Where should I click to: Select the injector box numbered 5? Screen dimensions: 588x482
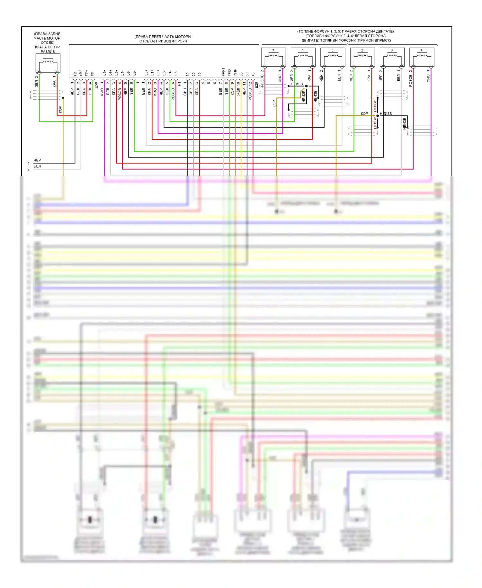(x=333, y=57)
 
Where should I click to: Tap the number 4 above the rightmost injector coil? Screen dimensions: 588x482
(x=421, y=50)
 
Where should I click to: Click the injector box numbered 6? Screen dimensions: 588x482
(x=392, y=57)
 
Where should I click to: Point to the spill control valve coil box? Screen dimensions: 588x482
(x=48, y=63)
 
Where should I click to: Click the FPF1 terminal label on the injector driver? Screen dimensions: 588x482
(x=223, y=72)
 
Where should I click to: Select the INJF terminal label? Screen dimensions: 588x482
(x=235, y=72)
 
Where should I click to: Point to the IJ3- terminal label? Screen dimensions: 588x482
(x=176, y=73)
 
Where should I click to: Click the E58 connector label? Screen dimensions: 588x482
(x=96, y=86)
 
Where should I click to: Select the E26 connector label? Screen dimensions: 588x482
(x=256, y=85)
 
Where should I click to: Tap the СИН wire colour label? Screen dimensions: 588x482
(x=185, y=92)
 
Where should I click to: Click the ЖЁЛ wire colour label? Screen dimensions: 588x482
(x=238, y=92)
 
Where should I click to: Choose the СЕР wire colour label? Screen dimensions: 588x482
(x=191, y=92)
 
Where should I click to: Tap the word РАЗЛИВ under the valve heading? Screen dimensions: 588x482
(x=48, y=51)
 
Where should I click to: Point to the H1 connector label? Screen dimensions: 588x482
(x=179, y=84)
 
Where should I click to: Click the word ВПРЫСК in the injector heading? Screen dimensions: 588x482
(x=382, y=40)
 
